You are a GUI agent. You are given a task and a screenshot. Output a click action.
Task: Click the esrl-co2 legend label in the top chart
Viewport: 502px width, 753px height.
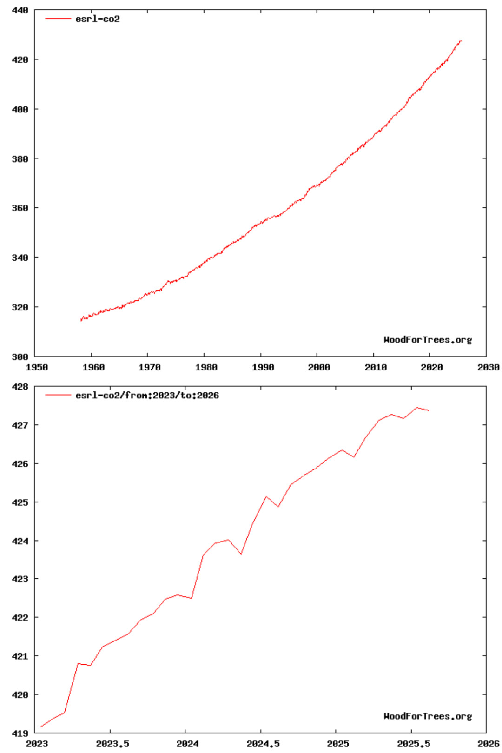tap(98, 19)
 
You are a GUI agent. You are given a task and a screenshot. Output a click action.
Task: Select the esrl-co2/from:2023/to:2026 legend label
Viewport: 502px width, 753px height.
tap(147, 396)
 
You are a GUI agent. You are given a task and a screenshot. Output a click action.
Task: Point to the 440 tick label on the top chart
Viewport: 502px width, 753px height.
tap(20, 10)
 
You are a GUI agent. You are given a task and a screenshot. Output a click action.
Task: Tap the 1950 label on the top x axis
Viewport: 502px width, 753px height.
tap(37, 367)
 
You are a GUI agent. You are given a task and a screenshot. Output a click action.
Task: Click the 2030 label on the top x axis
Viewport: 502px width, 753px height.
tap(488, 367)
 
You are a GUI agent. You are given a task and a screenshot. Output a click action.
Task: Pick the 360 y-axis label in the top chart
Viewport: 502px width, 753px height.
tap(20, 208)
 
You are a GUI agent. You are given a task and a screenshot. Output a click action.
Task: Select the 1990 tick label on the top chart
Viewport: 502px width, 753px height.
tap(263, 367)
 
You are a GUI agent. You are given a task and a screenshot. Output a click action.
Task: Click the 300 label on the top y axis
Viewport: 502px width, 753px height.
tap(20, 357)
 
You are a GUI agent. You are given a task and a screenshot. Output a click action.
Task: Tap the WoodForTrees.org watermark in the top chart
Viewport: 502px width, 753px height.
tap(428, 340)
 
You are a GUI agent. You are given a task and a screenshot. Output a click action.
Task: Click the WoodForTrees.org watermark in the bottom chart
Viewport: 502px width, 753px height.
tap(428, 716)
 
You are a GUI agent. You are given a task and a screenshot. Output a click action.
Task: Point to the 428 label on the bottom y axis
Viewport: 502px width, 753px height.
tap(20, 387)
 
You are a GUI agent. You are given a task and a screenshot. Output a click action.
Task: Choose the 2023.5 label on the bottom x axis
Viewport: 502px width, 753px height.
tap(112, 744)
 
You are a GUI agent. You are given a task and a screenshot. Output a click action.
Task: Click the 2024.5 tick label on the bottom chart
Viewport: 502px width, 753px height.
tap(263, 744)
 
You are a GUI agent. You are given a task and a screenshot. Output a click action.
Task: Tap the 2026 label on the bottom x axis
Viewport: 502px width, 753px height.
tap(488, 744)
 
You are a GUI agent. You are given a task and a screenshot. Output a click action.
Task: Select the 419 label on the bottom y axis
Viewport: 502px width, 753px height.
tap(20, 733)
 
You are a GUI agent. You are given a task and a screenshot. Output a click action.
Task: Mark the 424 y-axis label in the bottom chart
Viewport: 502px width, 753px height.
tap(20, 541)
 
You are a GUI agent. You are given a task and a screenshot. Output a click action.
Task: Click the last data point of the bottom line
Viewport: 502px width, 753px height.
tap(429, 411)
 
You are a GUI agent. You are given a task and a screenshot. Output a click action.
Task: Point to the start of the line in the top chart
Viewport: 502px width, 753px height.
tap(81, 320)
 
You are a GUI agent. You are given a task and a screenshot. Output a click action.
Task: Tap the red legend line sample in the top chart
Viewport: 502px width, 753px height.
tap(58, 19)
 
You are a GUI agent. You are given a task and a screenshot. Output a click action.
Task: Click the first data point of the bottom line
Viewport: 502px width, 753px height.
tap(41, 727)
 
